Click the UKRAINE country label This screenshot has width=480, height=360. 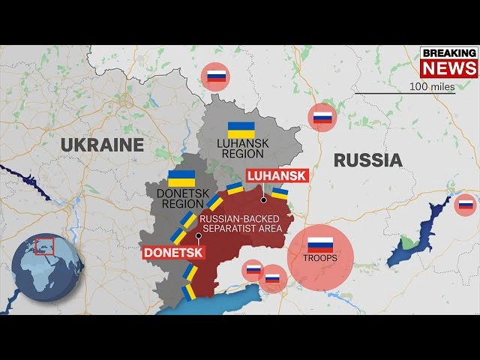point(103,144)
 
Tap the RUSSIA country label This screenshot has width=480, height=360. point(367,160)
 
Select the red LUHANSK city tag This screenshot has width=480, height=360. point(277,176)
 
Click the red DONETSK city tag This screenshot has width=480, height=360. point(172,253)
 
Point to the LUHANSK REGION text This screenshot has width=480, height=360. point(241,148)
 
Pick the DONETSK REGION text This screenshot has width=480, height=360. point(181,198)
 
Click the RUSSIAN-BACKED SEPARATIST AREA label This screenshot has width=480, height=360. point(239,223)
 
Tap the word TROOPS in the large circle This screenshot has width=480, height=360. point(320,258)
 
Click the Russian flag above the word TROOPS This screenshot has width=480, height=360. point(320,244)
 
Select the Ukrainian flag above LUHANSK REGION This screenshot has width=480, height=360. point(241,128)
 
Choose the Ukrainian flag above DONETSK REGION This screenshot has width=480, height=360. point(181,178)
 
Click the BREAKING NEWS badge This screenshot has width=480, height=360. point(448,61)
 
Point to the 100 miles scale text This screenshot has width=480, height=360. point(432,86)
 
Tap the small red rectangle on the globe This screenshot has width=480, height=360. point(45,245)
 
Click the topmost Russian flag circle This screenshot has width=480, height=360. point(216,76)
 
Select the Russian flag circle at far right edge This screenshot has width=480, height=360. point(465,204)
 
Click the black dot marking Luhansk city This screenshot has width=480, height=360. point(264,200)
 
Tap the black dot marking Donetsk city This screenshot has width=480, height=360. point(198,235)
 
